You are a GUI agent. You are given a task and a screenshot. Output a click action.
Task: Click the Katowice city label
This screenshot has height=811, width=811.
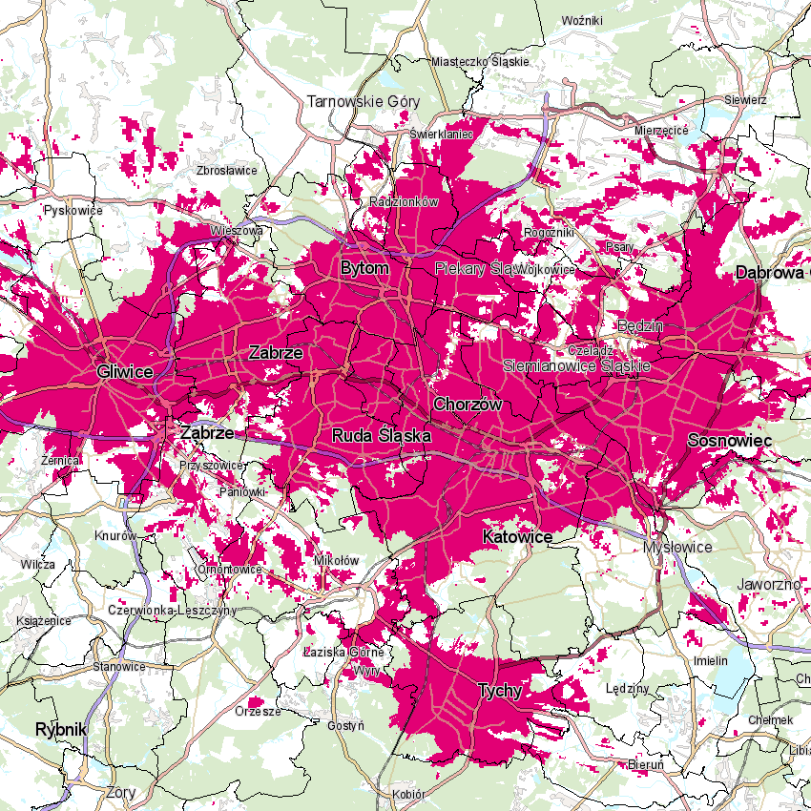click(517, 537)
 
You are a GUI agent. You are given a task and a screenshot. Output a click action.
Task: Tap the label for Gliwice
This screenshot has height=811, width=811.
click(125, 370)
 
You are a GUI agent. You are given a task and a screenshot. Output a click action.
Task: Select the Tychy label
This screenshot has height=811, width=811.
click(500, 691)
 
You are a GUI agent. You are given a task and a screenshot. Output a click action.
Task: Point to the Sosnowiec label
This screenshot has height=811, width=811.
click(729, 441)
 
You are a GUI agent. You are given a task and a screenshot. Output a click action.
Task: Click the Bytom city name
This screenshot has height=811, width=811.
click(364, 268)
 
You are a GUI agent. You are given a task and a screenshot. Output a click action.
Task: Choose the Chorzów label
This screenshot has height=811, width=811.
click(468, 405)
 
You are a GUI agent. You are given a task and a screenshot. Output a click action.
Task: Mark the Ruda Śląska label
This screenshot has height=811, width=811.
click(382, 435)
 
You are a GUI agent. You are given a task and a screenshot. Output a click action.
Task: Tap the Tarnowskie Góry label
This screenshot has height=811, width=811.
click(363, 100)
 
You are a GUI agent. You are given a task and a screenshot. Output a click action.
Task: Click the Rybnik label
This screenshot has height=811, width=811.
click(60, 729)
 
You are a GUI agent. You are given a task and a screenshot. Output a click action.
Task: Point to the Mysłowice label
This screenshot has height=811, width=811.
click(677, 547)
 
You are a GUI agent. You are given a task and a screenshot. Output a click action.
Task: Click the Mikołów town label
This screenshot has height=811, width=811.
click(336, 560)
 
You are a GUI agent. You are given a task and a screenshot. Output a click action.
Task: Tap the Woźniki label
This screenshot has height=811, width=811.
click(583, 20)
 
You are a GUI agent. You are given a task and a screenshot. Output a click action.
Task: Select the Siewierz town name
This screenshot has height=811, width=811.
click(745, 99)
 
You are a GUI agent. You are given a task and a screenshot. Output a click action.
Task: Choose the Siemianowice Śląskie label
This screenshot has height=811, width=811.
click(576, 365)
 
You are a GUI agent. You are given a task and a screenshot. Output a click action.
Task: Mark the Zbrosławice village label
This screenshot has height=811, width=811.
click(226, 170)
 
